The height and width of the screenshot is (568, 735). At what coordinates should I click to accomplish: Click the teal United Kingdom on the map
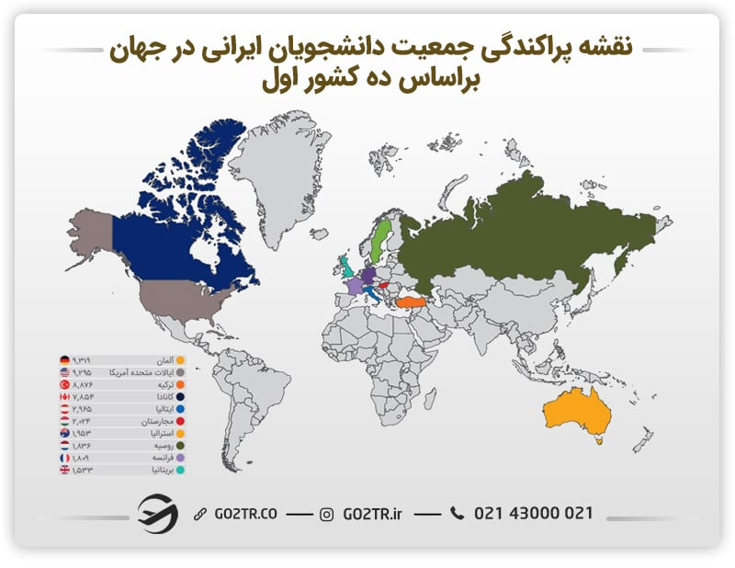pyautogui.click(x=345, y=268)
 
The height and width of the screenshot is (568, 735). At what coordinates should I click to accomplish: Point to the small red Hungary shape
pyautogui.click(x=385, y=284)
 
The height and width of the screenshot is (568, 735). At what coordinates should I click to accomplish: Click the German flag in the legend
pyautogui.click(x=64, y=359)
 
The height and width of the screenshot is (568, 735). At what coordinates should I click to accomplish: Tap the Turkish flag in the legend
pyautogui.click(x=64, y=384)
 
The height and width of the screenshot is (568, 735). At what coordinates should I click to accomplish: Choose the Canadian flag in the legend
pyautogui.click(x=64, y=396)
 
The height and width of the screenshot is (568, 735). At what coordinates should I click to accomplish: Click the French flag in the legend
pyautogui.click(x=64, y=458)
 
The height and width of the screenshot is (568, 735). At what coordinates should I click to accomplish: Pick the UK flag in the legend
pyautogui.click(x=64, y=470)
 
